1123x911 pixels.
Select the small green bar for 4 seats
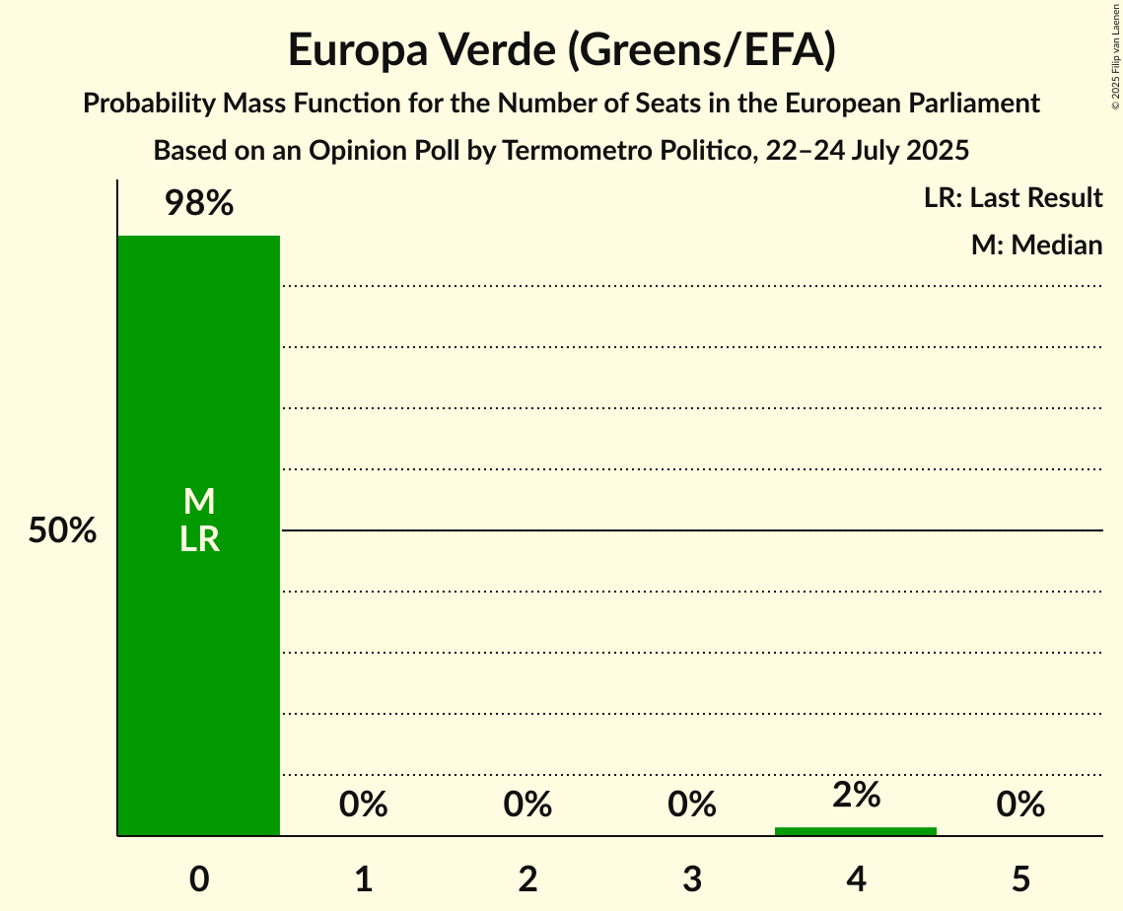click(x=856, y=831)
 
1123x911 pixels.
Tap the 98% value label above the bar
click(x=198, y=204)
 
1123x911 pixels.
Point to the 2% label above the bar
click(x=856, y=795)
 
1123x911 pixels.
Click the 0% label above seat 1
click(x=363, y=806)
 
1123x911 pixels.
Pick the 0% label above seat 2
click(x=527, y=806)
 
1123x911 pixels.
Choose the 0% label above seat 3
click(x=692, y=806)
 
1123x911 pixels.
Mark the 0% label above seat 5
click(x=1020, y=806)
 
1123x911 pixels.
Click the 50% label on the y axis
click(x=62, y=531)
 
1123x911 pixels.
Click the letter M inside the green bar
click(x=198, y=502)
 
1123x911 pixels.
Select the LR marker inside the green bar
click(x=198, y=540)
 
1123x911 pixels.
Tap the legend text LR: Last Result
click(x=1013, y=198)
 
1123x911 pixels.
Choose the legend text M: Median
click(x=1036, y=245)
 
